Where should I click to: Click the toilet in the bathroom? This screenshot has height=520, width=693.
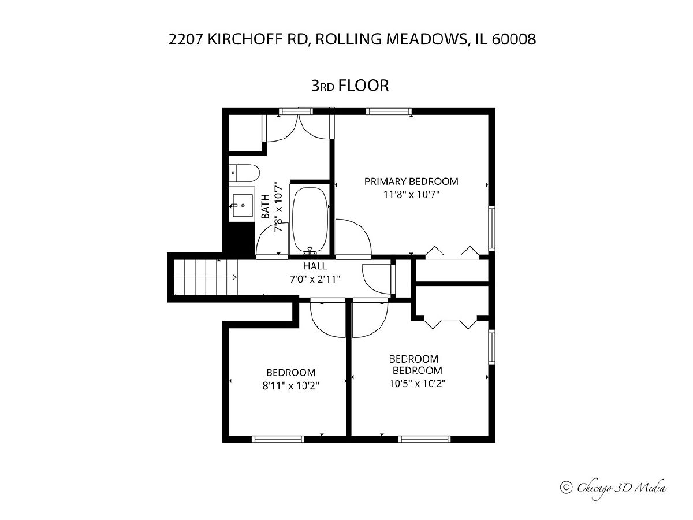click(x=244, y=173)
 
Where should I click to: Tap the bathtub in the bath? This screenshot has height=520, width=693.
click(x=310, y=220)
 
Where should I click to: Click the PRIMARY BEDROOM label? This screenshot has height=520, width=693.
click(x=411, y=181)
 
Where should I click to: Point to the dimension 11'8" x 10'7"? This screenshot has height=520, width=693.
click(x=411, y=194)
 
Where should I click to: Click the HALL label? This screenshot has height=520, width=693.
click(x=315, y=266)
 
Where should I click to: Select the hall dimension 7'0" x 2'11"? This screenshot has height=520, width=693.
click(x=315, y=279)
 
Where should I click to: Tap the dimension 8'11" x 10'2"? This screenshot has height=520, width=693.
click(x=291, y=385)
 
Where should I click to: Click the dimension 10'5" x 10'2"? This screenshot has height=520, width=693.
click(x=418, y=383)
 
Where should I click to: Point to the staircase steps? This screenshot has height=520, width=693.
click(x=205, y=277)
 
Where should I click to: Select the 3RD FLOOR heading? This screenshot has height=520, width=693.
click(x=350, y=86)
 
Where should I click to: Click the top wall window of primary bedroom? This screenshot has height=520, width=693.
click(x=389, y=111)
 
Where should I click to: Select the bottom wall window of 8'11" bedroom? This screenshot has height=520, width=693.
click(x=278, y=439)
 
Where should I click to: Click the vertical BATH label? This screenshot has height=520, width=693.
click(x=266, y=206)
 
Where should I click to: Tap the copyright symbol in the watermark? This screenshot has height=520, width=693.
click(x=566, y=488)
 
